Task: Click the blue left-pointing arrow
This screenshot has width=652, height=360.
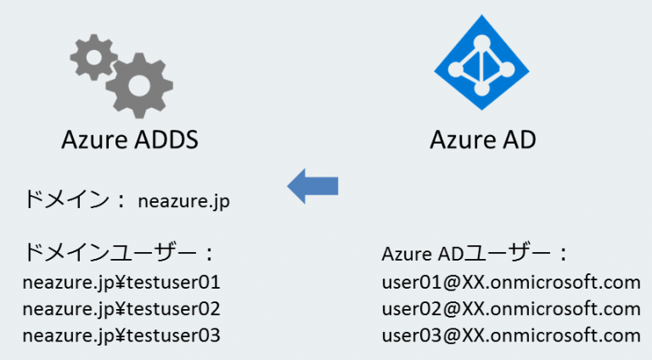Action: coord(313,185)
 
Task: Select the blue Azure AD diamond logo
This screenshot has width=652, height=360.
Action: coord(482,68)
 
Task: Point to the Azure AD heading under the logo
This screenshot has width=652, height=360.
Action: coord(482,139)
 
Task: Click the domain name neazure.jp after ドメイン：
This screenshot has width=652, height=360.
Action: coord(183,201)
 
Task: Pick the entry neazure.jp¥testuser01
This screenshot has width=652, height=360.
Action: coord(121,281)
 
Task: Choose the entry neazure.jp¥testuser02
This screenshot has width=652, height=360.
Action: coord(121,308)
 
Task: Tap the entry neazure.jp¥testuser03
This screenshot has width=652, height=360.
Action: coord(121,335)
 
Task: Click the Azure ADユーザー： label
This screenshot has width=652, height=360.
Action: coord(475,254)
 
